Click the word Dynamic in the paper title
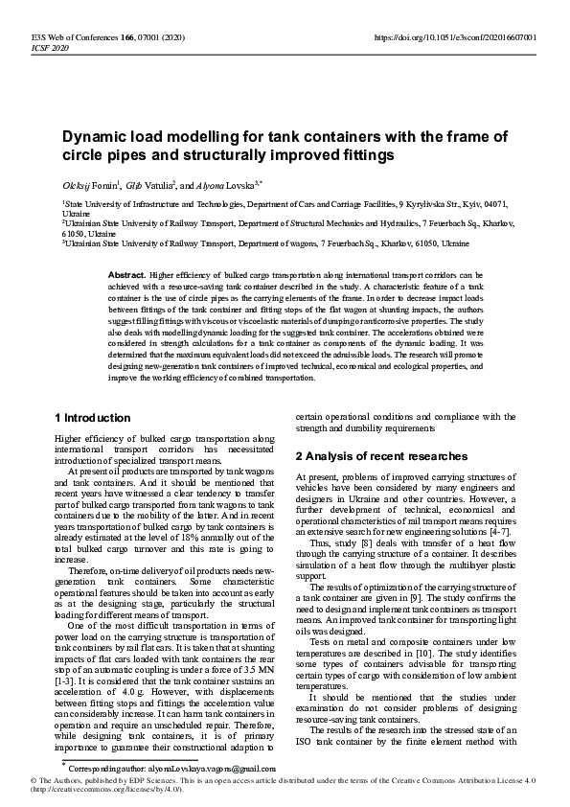click(96, 136)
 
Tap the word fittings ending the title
click(364, 154)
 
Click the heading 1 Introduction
click(92, 418)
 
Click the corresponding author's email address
click(185, 768)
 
